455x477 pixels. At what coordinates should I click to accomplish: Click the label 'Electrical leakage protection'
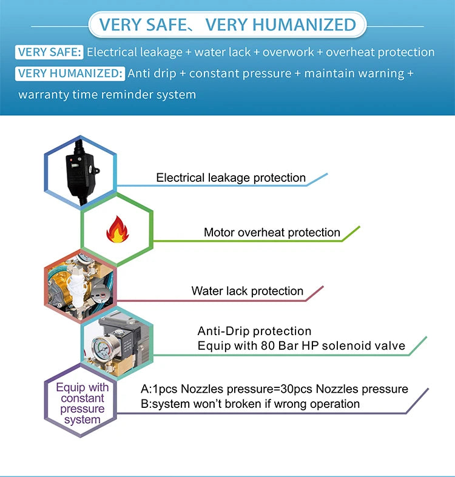[231, 178]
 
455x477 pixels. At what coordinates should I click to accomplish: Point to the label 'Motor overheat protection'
[272, 232]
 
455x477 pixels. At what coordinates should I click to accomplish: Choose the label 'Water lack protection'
[247, 291]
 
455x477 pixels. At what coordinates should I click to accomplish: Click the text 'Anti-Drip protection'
[254, 331]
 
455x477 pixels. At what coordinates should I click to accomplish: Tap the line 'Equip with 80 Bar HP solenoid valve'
[301, 345]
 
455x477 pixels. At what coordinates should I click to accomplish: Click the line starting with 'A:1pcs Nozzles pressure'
[274, 389]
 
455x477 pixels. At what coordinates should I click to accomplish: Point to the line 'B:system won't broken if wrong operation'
[250, 404]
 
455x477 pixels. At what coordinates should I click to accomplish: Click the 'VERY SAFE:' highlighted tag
[49, 52]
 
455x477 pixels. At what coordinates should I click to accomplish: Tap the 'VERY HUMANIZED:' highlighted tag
[70, 73]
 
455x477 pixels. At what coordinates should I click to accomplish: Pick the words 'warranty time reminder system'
[107, 95]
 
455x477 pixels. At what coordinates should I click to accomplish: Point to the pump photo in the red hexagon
[78, 290]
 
